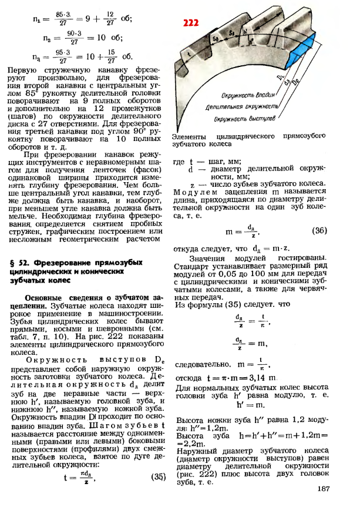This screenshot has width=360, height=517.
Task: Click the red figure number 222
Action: coord(191,23)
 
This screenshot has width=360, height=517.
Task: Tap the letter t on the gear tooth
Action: coord(189,53)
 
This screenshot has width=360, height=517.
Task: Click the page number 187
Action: coord(323,488)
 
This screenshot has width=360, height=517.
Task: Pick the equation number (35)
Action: coord(159,476)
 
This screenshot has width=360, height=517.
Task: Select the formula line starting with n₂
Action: coord(76,38)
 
